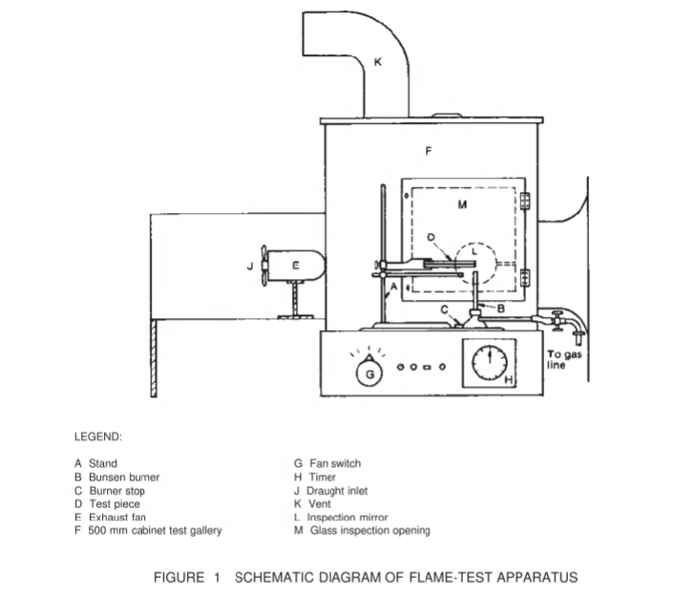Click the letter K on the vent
377,63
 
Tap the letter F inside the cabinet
429,150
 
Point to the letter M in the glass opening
461,204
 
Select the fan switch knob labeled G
370,373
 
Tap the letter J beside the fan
250,267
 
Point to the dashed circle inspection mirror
475,255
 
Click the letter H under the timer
509,380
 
